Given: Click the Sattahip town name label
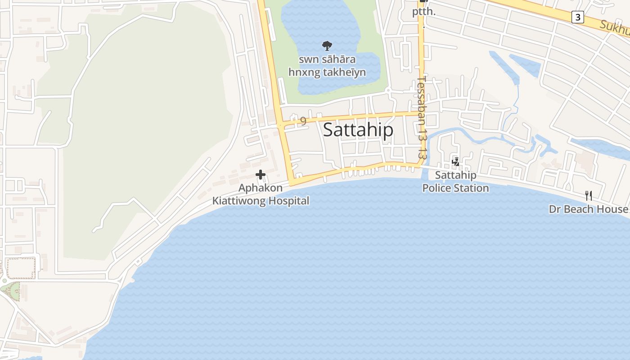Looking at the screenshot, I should point(358,130).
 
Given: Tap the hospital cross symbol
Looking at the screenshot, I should point(261,175).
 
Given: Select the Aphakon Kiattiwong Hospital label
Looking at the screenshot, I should point(261,194).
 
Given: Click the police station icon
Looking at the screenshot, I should point(455,162).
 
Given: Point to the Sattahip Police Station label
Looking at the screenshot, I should point(455,181).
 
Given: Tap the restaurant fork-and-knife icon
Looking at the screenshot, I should point(588,195).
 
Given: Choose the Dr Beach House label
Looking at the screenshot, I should point(588,209).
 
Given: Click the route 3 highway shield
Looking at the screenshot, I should point(577,17).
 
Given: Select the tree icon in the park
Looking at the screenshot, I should point(327,45).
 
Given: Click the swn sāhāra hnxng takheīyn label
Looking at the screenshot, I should point(327,66).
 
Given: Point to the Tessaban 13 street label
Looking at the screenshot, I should point(422,117).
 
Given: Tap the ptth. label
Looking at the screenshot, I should point(424,12).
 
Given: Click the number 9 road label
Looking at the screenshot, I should point(303,121).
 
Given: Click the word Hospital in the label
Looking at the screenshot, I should point(288,201).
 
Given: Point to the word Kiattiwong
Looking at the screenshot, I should point(238,201).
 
